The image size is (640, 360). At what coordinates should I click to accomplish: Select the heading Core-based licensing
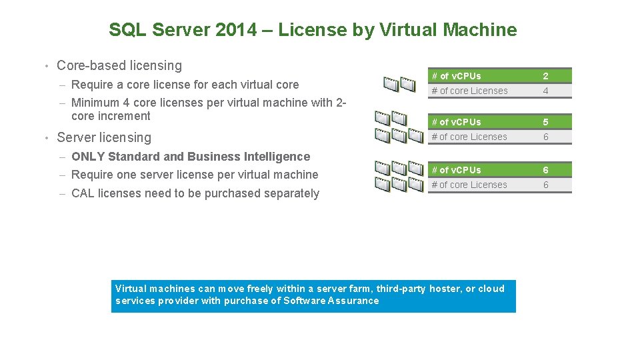[x=119, y=65]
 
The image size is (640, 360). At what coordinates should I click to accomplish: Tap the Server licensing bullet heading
[x=104, y=137]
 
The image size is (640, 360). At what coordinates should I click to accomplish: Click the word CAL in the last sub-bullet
[x=82, y=193]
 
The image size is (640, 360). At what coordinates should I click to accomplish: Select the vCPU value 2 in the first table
[x=545, y=76]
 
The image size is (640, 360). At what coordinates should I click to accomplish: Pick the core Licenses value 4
[x=545, y=91]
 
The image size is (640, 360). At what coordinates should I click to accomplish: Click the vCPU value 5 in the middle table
[x=545, y=122]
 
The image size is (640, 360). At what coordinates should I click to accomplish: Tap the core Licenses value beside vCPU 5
[x=545, y=137]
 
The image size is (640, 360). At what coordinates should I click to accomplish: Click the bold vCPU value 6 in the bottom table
[x=545, y=170]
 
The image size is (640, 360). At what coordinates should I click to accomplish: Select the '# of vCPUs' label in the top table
[x=456, y=76]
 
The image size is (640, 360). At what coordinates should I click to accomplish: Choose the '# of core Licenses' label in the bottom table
[x=469, y=185]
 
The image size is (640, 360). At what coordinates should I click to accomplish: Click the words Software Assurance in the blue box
[x=331, y=301]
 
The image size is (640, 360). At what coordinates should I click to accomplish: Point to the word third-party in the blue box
[x=401, y=289]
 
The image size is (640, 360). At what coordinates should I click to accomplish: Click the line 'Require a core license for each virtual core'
[x=185, y=85]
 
